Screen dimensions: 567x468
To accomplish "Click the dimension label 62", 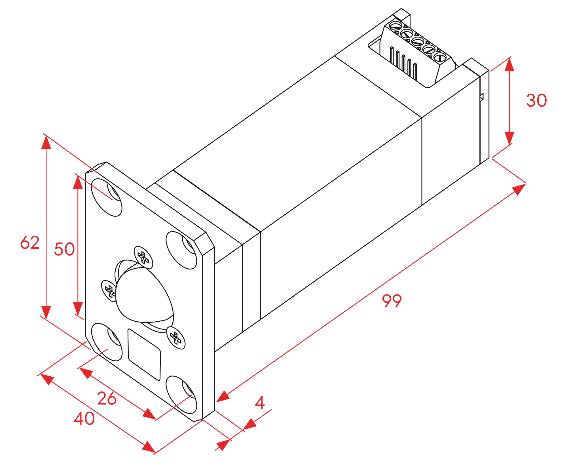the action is (x=30, y=243).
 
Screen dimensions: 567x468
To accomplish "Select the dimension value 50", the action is (x=64, y=249).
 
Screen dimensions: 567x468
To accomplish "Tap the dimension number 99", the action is (x=392, y=301).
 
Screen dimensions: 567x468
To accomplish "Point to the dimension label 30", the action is (x=536, y=100).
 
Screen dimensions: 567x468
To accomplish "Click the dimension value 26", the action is (x=107, y=398).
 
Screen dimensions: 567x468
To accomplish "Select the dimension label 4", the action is (x=260, y=402).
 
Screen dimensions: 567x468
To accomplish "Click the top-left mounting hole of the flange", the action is (x=107, y=197).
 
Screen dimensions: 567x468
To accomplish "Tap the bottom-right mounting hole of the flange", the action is (x=181, y=395).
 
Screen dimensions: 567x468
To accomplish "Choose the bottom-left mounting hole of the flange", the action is (x=107, y=342).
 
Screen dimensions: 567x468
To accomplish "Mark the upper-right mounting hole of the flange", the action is (x=181, y=250).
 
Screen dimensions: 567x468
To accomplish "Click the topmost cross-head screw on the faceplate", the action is (x=143, y=258).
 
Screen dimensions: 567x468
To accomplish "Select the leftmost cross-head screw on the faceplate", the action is (x=109, y=291).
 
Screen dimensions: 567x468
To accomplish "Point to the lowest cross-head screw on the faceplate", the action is (x=176, y=338).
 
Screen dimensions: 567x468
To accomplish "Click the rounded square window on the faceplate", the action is (x=144, y=355).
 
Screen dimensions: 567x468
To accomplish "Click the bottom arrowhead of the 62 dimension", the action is (x=46, y=313).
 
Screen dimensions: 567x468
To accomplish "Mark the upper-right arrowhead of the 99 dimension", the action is (x=519, y=189).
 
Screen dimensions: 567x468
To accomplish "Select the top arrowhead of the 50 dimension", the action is (x=78, y=182).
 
